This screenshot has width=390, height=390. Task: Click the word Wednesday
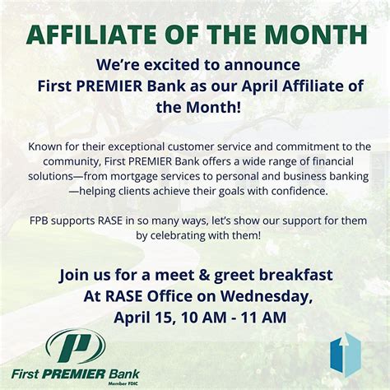[248, 295]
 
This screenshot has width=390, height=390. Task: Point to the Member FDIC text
[130, 383]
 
